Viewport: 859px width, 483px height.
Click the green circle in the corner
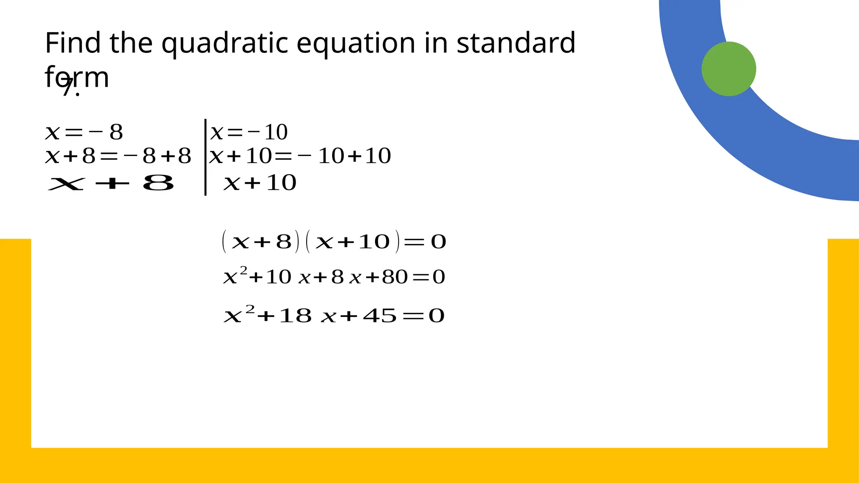729,69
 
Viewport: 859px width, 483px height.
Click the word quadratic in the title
226,44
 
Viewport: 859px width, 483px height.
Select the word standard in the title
516,43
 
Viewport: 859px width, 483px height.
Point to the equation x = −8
84,132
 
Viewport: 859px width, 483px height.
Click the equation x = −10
249,132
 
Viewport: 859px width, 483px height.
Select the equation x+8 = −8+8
118,156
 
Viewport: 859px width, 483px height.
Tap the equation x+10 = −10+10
300,156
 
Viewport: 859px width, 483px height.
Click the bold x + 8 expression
111,183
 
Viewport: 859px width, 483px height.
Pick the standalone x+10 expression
260,183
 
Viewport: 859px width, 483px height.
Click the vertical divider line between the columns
205,157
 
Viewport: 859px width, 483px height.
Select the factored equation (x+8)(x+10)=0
334,242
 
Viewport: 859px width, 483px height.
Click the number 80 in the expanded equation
394,277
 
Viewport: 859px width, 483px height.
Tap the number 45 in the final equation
380,316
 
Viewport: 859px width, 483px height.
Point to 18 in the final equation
295,316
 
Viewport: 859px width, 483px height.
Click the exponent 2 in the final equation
250,309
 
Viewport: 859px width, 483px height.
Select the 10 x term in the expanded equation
288,277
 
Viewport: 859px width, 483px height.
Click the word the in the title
131,43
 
